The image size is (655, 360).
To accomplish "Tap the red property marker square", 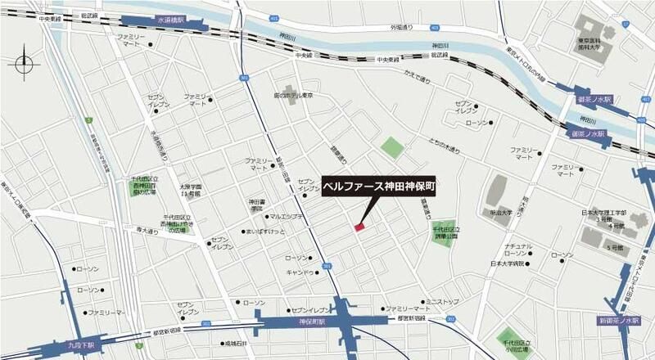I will point(359,227).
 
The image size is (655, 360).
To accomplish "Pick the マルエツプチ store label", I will point(287,217).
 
